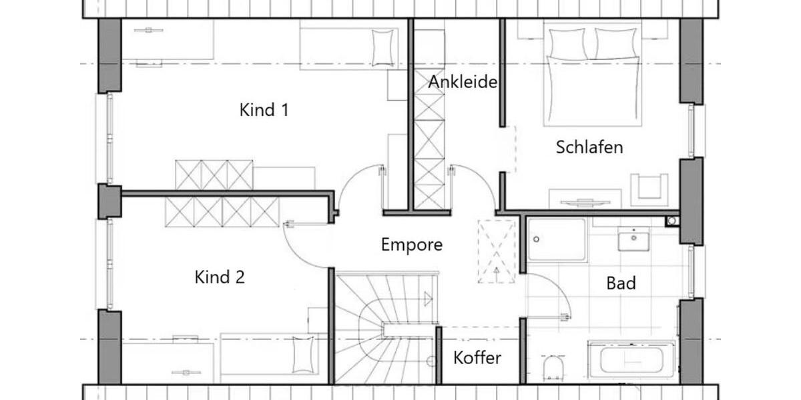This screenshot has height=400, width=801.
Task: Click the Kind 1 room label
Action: [x=264, y=110]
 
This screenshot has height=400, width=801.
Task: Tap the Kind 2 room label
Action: [x=220, y=277]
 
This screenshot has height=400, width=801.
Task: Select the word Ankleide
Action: [x=463, y=82]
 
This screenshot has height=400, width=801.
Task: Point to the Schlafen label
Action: [x=589, y=147]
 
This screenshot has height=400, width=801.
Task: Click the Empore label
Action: [x=411, y=245]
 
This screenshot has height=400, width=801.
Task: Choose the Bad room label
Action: [x=621, y=283]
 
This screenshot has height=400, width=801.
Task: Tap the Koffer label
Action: [x=477, y=358]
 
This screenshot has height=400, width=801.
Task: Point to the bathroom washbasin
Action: [x=633, y=239]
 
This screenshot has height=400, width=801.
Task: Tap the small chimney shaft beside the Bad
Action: [x=672, y=221]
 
